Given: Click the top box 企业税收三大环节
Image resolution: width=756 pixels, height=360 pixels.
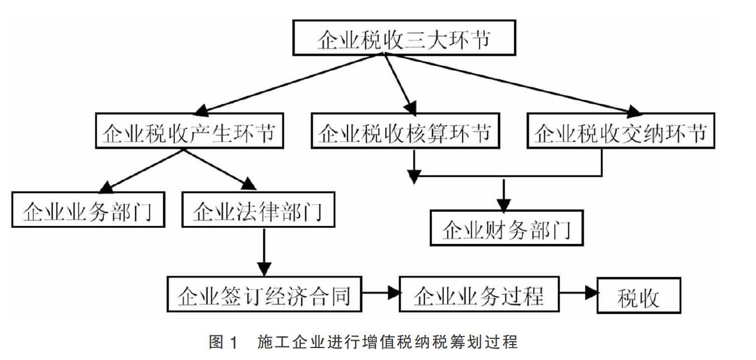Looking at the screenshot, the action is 404,38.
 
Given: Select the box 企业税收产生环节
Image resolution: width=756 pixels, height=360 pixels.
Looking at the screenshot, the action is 189,130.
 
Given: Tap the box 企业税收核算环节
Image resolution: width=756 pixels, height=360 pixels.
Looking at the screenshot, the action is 405,130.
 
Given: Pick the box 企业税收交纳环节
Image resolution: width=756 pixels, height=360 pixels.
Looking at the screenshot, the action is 621,130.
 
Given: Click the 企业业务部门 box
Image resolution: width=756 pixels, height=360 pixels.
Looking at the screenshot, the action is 88,210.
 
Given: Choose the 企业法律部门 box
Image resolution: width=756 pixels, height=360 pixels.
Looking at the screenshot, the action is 258,210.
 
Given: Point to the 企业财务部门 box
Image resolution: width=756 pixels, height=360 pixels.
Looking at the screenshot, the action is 506,228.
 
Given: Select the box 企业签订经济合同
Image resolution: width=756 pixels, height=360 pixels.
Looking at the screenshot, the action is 264,294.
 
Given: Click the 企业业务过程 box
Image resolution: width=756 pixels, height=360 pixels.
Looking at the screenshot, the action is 479,294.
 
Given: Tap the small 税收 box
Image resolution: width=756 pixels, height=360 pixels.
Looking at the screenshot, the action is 639,295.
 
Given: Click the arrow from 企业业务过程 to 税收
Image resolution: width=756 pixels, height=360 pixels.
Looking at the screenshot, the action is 578,293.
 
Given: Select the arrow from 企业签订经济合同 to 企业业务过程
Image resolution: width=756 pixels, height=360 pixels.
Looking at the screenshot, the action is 381,293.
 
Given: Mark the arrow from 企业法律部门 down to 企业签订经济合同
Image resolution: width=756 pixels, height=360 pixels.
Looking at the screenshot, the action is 264,252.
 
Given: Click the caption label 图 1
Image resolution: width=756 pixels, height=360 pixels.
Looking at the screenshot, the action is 223,342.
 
